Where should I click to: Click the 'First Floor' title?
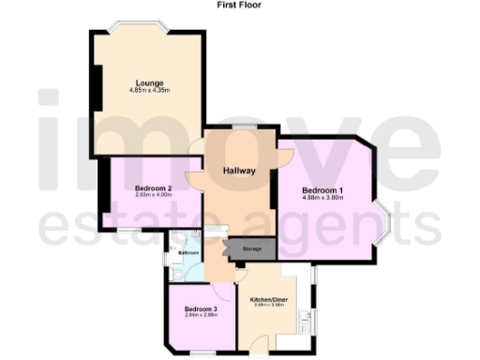(239, 5)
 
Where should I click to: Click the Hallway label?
(239, 171)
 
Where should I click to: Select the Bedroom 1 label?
(322, 191)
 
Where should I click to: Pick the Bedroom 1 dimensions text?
(322, 199)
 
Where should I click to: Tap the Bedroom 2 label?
(152, 187)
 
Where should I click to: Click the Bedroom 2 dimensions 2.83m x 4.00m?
(152, 195)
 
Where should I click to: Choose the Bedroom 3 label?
(201, 309)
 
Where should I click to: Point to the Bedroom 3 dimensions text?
(201, 316)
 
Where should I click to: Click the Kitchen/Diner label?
(268, 299)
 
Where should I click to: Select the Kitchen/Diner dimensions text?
(268, 306)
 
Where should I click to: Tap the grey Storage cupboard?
(251, 248)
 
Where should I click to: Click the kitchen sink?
(306, 323)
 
